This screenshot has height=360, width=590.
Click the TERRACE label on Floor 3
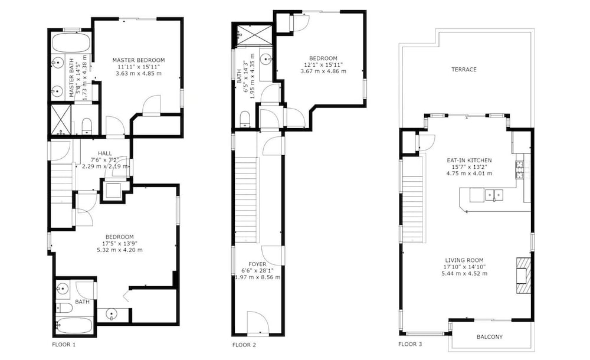coord(464,69)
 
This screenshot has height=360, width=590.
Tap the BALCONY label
coord(490,336)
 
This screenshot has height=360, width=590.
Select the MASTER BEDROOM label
coord(139,60)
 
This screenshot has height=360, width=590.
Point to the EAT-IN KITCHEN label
coord(469,160)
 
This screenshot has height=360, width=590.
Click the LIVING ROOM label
coord(464,260)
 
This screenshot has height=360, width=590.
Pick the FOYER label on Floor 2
coord(257,264)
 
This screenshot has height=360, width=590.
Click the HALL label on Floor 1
coord(105,153)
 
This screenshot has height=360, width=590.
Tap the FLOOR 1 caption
coord(64,344)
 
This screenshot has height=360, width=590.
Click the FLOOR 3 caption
coord(410,344)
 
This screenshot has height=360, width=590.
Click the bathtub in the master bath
coord(71,43)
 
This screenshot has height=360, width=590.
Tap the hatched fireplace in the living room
coord(522,275)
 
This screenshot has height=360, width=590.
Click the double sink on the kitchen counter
coord(494,195)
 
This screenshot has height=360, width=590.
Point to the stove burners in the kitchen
coord(520,169)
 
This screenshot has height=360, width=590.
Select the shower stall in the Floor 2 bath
coord(253,35)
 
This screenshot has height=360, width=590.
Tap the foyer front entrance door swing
coord(258,322)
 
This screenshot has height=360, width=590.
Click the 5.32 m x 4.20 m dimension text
coord(119,250)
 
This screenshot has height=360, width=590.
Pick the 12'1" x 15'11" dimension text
coord(323,64)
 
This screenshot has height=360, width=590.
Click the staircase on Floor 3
coord(412,200)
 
